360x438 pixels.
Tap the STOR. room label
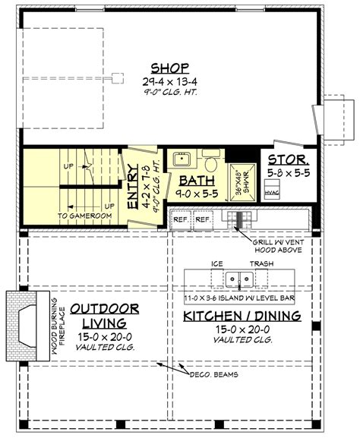tap(287, 161)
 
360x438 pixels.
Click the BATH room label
tap(195, 181)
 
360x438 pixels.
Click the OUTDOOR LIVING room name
tap(105, 316)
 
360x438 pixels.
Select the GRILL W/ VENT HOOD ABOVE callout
tap(273, 246)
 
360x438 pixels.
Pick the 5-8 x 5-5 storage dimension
tap(287, 173)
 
